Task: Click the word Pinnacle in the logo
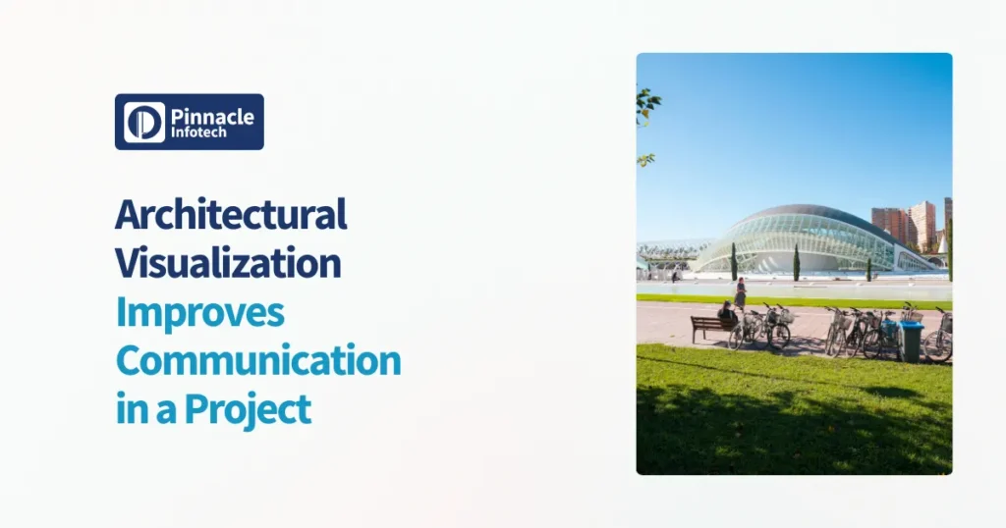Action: pyautogui.click(x=212, y=116)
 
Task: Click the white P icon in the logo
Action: pyautogui.click(x=144, y=122)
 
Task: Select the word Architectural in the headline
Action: pyautogui.click(x=231, y=214)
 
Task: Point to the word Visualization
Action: pyautogui.click(x=228, y=262)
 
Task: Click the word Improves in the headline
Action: pyautogui.click(x=199, y=311)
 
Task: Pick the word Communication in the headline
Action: pyautogui.click(x=258, y=359)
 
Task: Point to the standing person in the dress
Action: pyautogui.click(x=740, y=291)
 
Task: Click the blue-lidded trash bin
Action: pyautogui.click(x=911, y=340)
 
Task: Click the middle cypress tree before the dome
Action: pyautogui.click(x=796, y=262)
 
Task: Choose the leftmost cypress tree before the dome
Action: pyautogui.click(x=733, y=261)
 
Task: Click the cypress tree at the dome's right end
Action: pyautogui.click(x=868, y=268)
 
